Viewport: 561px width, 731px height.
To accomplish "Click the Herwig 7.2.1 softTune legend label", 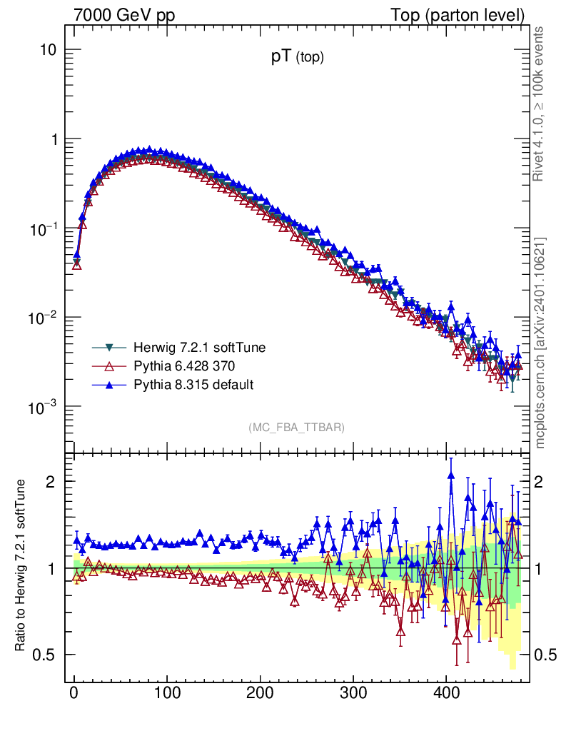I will (199, 348).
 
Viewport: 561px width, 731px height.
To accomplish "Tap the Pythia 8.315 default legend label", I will (193, 385).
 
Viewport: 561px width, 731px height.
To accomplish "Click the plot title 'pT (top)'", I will (297, 59).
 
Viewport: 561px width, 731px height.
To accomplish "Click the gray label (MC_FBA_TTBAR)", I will (297, 427).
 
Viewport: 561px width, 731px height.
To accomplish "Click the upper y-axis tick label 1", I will (54, 140).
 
